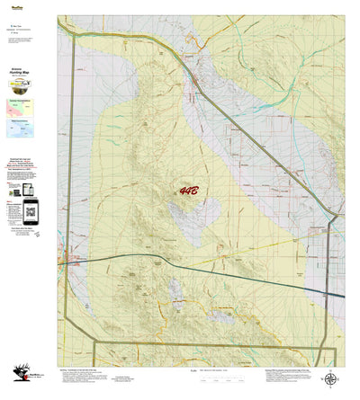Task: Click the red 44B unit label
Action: click(190, 191)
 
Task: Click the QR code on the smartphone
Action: click(31, 214)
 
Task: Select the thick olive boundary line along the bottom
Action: click(216, 342)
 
